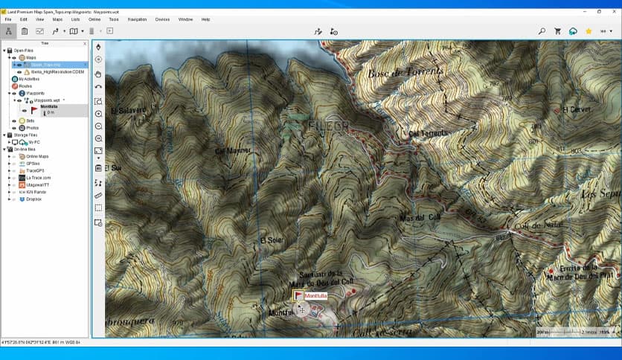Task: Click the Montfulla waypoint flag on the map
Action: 299,295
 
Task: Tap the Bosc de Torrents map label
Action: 405,72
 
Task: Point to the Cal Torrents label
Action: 428,132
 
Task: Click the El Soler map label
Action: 272,240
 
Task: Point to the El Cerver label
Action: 576,110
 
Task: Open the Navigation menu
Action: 137,19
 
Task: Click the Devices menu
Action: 162,19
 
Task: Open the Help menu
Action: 205,19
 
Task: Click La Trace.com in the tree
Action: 38,178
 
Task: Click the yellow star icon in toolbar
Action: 589,31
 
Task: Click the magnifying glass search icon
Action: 557,31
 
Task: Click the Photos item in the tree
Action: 32,128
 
